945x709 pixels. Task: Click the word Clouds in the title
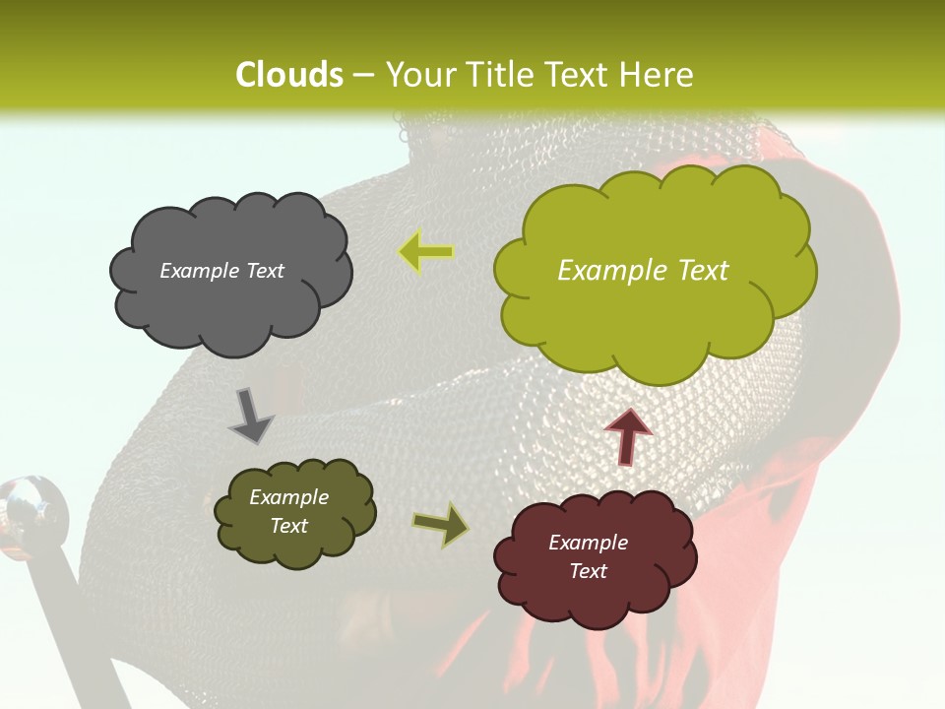[x=289, y=75]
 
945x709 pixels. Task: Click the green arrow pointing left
[x=425, y=252]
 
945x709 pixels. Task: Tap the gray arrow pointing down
[x=250, y=416]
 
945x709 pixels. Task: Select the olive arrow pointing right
[x=441, y=524]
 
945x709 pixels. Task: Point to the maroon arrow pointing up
[x=628, y=436]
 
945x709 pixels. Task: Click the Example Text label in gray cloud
[x=221, y=271]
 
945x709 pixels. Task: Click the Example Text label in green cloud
[x=643, y=271]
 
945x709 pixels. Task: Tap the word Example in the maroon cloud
[x=588, y=543]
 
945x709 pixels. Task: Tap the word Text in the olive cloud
[x=288, y=526]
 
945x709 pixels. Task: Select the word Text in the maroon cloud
[x=588, y=571]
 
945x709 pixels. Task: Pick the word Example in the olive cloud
[x=288, y=497]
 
